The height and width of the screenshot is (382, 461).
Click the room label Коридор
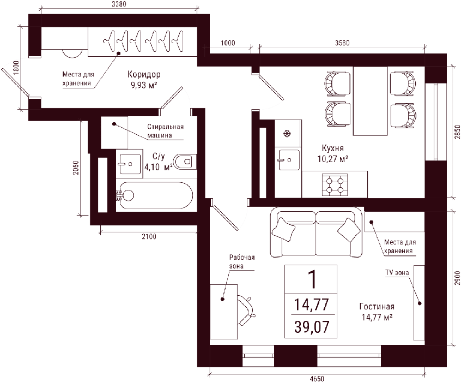(144, 75)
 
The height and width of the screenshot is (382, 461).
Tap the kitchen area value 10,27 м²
(332, 159)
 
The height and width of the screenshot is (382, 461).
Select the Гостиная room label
(377, 307)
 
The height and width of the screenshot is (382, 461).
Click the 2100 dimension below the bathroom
(149, 236)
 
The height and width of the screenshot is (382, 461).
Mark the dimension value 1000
(228, 43)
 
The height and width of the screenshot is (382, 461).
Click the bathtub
(155, 195)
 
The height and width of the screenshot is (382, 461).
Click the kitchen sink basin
(288, 160)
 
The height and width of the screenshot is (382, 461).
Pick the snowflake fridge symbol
(287, 134)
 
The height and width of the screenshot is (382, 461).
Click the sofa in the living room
(316, 232)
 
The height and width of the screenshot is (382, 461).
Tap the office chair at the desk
(246, 311)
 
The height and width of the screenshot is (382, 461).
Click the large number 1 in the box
(311, 279)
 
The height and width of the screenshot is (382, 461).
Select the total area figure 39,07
(311, 327)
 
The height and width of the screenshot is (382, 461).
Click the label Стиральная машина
(165, 131)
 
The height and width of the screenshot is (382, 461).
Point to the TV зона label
(397, 273)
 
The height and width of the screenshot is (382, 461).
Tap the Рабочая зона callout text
(242, 261)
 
